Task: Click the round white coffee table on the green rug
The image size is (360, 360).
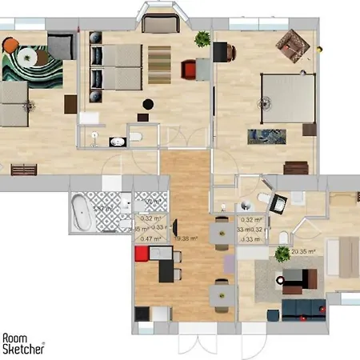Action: (x=36, y=57)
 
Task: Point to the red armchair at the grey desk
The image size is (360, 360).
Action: (x=189, y=70)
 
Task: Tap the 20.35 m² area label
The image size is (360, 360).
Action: (x=304, y=251)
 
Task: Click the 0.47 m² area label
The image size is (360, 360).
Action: (x=146, y=238)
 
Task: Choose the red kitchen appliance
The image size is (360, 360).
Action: (x=142, y=254)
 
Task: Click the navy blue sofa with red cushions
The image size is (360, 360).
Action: (x=305, y=307)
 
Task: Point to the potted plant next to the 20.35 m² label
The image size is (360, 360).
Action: (x=281, y=255)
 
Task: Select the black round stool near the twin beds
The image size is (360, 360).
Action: (x=147, y=103)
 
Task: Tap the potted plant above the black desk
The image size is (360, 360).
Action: (x=202, y=38)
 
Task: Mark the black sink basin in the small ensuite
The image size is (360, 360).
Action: (x=118, y=142)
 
